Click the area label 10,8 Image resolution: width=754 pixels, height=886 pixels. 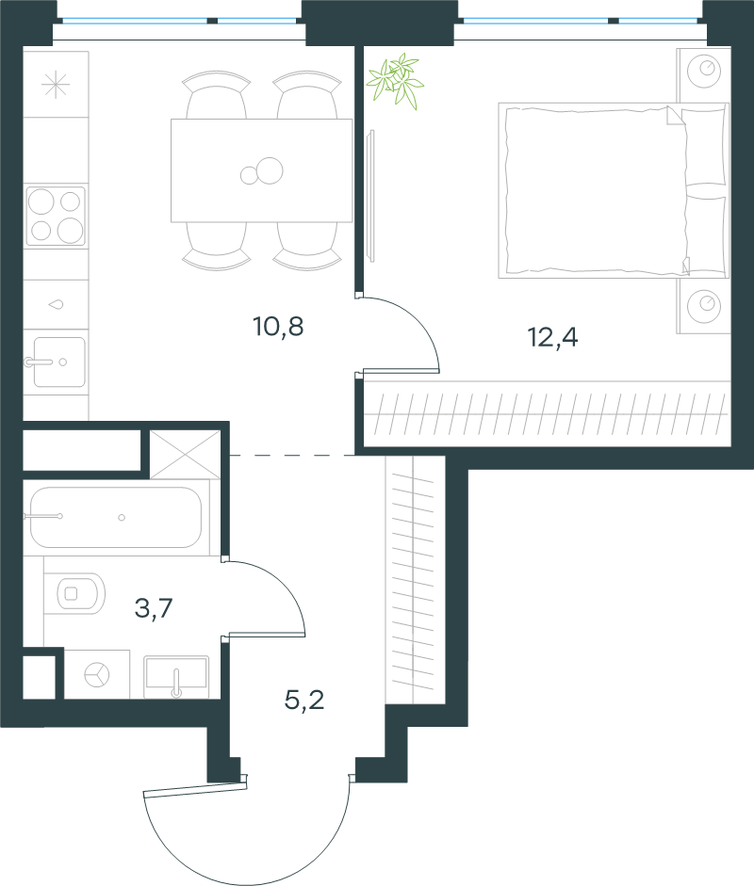click(x=278, y=327)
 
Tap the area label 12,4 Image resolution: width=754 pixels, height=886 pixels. click(x=552, y=337)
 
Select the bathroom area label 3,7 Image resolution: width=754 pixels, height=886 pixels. click(x=154, y=608)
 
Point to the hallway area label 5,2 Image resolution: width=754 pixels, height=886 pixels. click(x=304, y=701)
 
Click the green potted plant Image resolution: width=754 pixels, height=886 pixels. click(x=396, y=80)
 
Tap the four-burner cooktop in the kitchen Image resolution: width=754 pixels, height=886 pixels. click(x=56, y=217)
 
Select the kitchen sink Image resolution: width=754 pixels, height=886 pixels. click(x=58, y=362)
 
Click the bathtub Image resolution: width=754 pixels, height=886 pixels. click(x=115, y=517)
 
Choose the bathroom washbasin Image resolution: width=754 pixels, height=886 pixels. click(x=176, y=676)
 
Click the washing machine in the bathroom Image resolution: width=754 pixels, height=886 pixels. click(x=97, y=674)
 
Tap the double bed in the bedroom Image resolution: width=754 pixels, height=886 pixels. click(x=614, y=190)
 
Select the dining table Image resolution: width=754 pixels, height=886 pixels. click(x=262, y=170)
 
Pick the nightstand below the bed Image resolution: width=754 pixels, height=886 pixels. click(x=704, y=305)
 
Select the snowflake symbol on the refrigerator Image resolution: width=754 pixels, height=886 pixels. click(x=56, y=86)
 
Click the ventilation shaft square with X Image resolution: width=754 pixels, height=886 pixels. click(x=185, y=455)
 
